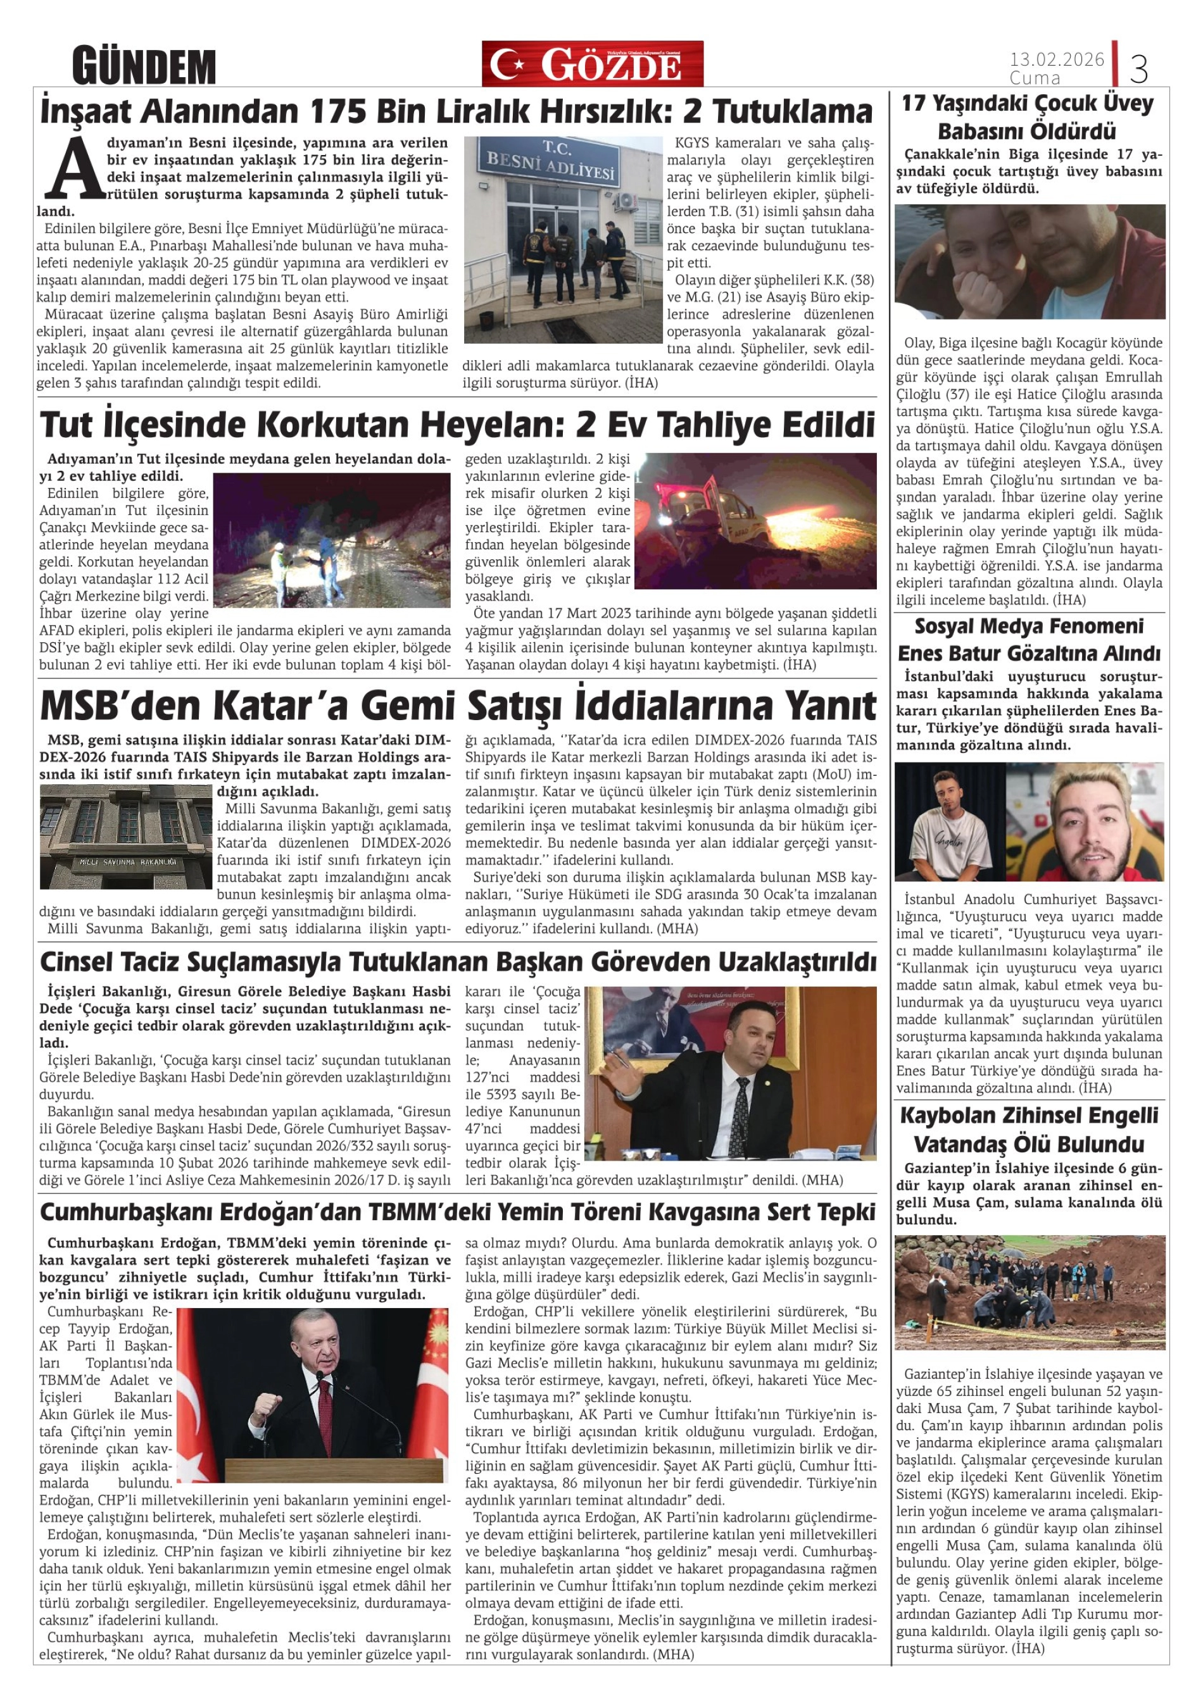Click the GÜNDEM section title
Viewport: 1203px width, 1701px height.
[x=144, y=66]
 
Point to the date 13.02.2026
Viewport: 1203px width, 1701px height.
[x=1056, y=59]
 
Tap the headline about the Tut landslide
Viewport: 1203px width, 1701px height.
[x=457, y=426]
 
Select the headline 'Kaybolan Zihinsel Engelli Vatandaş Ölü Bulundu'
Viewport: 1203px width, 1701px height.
[x=1029, y=1130]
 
